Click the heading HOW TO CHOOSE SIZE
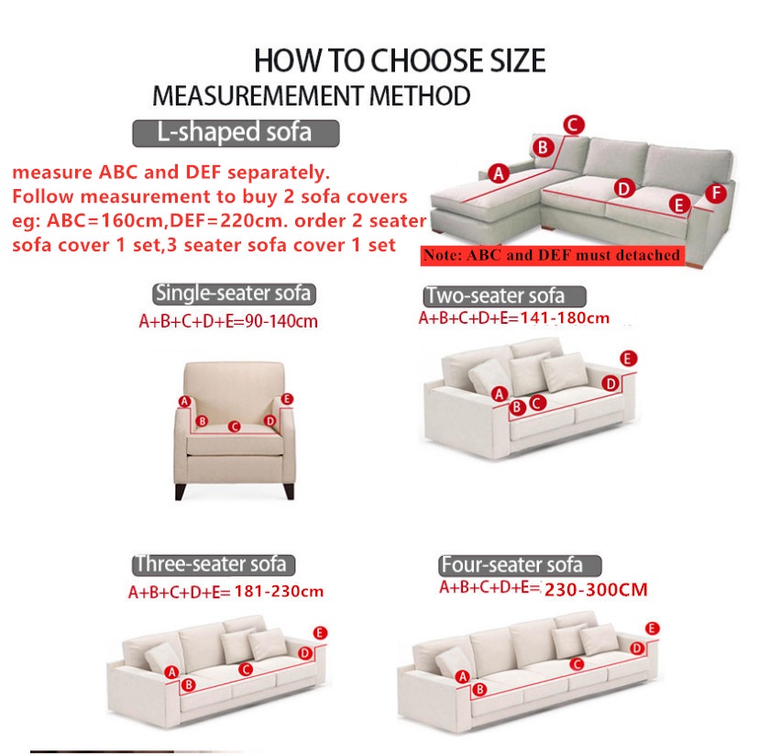399,61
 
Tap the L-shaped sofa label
236,132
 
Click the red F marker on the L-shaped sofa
717,194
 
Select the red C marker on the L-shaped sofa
573,126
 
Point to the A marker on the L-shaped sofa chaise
500,172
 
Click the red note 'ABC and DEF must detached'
552,255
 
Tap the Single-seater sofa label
234,294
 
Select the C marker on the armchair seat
235,426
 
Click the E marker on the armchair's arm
287,399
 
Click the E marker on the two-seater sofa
628,358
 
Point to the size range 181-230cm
279,591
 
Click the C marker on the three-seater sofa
246,670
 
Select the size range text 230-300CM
596,590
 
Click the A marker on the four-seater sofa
463,677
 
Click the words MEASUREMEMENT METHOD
312,95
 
